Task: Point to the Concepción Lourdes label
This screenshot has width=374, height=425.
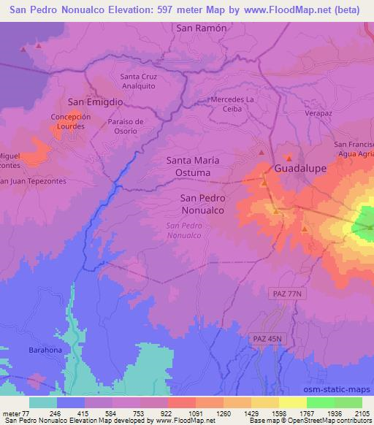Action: (x=71, y=121)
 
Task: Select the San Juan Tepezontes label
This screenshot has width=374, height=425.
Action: (x=22, y=181)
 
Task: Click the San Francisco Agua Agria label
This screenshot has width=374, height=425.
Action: (x=354, y=150)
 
